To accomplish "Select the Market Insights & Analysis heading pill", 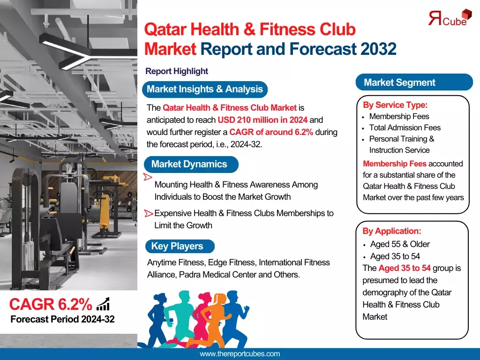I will coord(205,89).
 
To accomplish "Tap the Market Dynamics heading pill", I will coord(189,164).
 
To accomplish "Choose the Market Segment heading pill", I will coord(400,82).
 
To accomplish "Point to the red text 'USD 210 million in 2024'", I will coord(262,120).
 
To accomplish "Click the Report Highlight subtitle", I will coord(176,71).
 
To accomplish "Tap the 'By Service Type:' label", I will coord(395,105).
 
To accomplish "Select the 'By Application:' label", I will coord(391,231).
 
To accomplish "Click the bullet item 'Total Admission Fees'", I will coord(405,127).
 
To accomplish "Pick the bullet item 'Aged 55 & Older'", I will coord(399,244).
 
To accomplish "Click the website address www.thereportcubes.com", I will coord(240,354).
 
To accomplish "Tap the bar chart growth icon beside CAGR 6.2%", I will coord(103,304).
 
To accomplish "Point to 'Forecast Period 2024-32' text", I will coord(62,320).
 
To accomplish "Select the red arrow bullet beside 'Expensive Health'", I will coord(149,214).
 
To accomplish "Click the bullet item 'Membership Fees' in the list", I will coord(399,116).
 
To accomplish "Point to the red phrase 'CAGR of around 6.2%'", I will coord(271,132).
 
